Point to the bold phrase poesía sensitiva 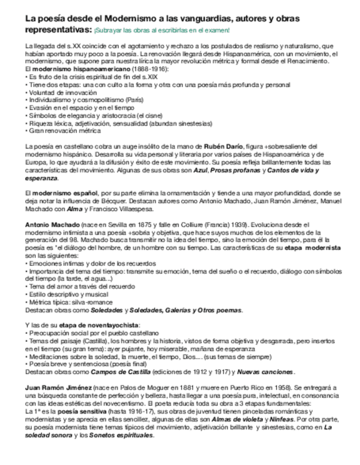coord(72,411)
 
